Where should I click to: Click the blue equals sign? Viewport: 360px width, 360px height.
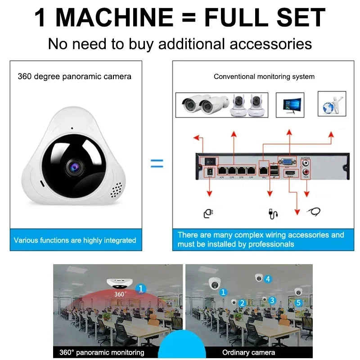point(157,164)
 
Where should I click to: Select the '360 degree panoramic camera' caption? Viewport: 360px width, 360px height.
point(75,76)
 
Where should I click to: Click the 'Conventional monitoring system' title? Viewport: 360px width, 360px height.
point(264,76)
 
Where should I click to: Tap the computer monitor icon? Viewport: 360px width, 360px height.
point(290,105)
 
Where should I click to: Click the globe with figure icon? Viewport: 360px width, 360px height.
point(332,104)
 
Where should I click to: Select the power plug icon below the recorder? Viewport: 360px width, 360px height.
point(208,213)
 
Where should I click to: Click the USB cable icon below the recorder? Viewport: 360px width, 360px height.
point(273,214)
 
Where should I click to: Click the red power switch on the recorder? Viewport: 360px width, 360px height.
point(209,160)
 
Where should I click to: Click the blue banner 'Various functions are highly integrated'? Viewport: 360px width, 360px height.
point(75,240)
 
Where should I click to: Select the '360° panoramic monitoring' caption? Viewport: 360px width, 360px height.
point(102,352)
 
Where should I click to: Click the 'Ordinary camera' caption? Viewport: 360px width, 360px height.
point(249,352)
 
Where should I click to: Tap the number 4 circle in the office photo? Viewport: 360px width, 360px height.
point(268,279)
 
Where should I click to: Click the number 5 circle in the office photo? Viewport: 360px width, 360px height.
point(298,303)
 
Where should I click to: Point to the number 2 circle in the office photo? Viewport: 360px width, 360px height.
point(242,303)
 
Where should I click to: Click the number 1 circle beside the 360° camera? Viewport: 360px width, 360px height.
point(141,288)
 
